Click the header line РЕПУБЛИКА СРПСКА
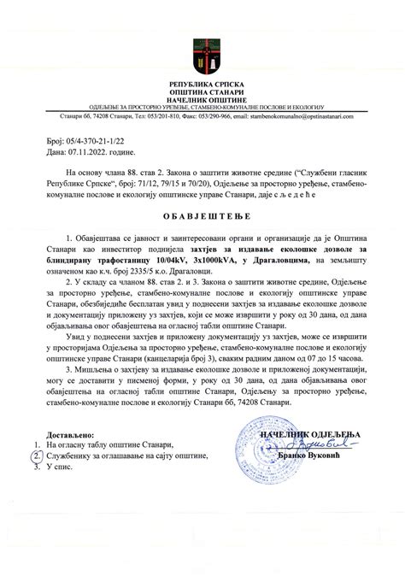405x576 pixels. pos(202,84)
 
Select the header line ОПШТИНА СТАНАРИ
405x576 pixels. pos(202,91)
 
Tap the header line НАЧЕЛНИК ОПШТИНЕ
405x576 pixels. pos(202,99)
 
